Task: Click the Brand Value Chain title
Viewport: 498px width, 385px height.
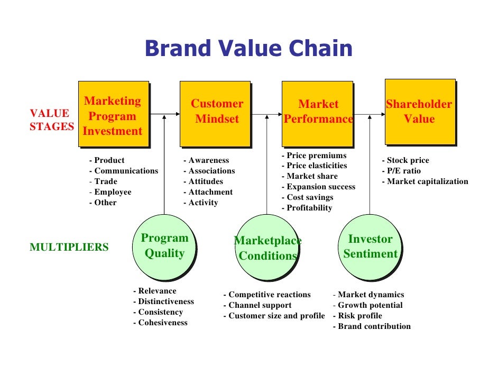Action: (x=248, y=49)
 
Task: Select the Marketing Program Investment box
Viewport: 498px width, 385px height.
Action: (x=113, y=114)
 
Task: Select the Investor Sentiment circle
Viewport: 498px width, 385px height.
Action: (x=370, y=247)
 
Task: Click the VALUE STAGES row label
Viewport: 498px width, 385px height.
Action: (x=51, y=120)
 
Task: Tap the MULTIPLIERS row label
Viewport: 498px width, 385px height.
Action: (x=69, y=247)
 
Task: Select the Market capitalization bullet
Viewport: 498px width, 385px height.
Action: (x=427, y=181)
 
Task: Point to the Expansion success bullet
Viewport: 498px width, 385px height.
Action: (x=320, y=187)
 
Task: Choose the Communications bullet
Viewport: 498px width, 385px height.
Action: (x=126, y=171)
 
